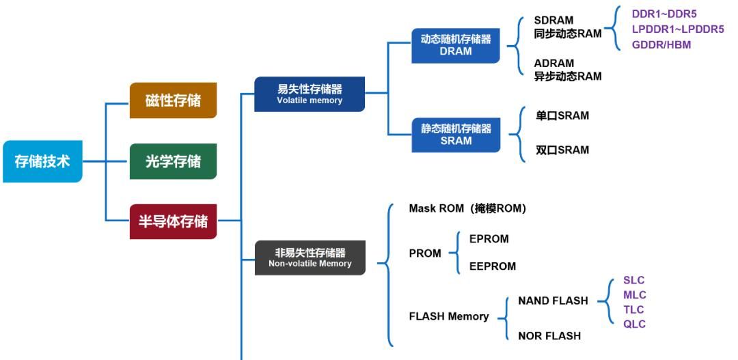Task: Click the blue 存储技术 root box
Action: coord(42,162)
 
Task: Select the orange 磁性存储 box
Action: coord(173,100)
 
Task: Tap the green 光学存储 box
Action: coord(173,162)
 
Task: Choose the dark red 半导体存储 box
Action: coord(173,221)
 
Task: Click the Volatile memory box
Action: coord(310,94)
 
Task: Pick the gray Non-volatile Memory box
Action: coord(310,258)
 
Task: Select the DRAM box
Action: coord(455,45)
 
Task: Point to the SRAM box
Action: coord(455,135)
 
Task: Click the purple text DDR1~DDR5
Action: coord(664,14)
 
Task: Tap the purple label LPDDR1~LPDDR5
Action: coord(677,29)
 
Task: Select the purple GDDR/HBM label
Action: coord(661,45)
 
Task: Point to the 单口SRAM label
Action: coord(562,116)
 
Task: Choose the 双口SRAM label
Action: coord(562,150)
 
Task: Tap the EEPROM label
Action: coord(492,266)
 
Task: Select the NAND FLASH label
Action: coord(553,301)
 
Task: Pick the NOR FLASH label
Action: coord(549,336)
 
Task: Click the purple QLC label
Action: coord(634,324)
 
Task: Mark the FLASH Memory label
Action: coord(448,316)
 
